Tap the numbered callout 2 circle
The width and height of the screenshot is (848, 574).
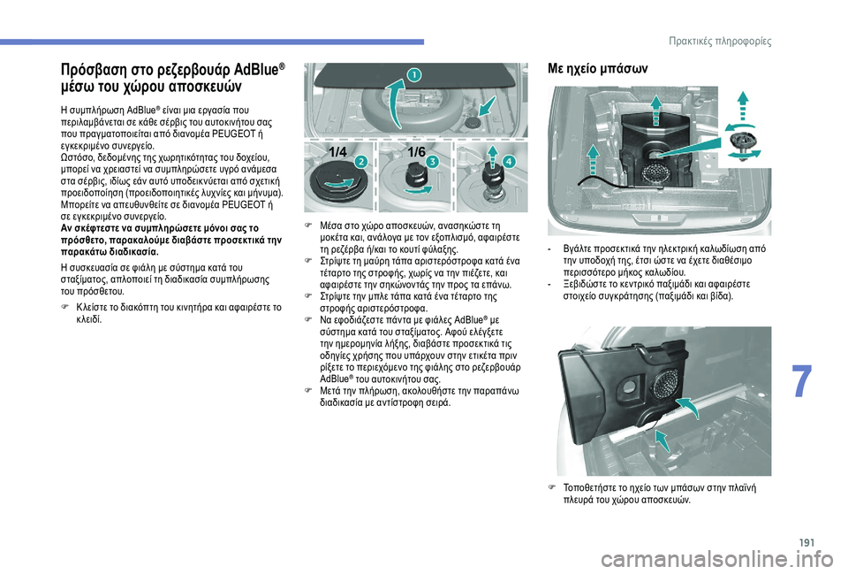(360, 162)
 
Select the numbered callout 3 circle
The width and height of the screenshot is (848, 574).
(432, 162)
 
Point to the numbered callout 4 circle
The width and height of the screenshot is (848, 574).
(509, 162)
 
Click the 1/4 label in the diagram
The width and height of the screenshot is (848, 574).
(338, 153)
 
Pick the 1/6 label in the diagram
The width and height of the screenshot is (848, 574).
(416, 152)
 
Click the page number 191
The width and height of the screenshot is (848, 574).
(806, 542)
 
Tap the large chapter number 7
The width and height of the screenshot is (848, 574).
(801, 382)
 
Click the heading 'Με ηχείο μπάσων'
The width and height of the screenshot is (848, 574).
(597, 69)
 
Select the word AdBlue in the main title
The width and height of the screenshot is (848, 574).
(257, 71)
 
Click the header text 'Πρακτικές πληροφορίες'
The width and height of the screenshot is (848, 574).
(720, 42)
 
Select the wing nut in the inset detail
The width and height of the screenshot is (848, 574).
(743, 142)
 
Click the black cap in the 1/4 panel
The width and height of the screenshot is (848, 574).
(331, 183)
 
